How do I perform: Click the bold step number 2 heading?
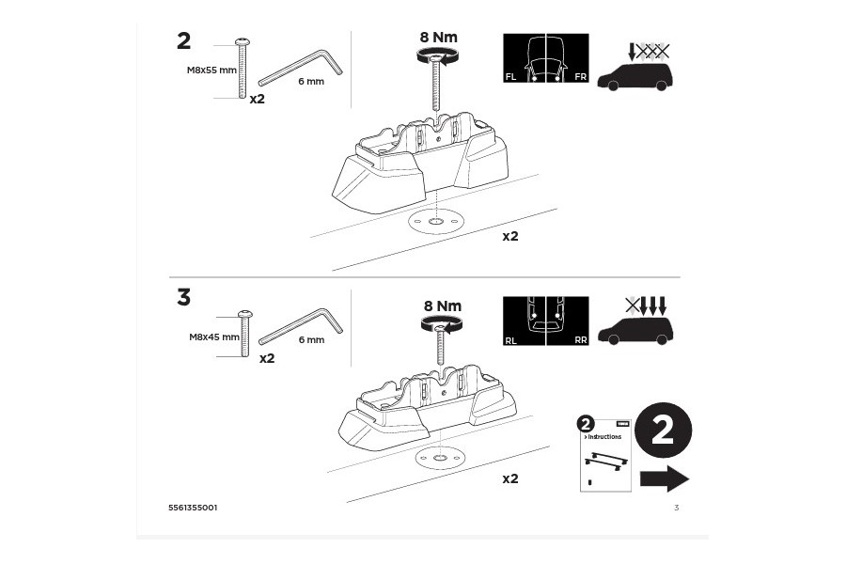click(183, 40)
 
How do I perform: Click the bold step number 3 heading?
click(183, 297)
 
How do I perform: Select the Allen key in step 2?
click(300, 68)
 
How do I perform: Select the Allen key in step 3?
click(301, 325)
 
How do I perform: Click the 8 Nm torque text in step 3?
click(442, 305)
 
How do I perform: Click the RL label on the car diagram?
click(510, 340)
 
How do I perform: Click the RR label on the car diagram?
click(580, 340)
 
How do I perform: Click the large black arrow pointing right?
click(664, 478)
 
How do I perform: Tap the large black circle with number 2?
click(663, 431)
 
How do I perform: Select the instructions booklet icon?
click(603, 454)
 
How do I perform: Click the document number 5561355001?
click(193, 508)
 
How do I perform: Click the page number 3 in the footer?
click(676, 508)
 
